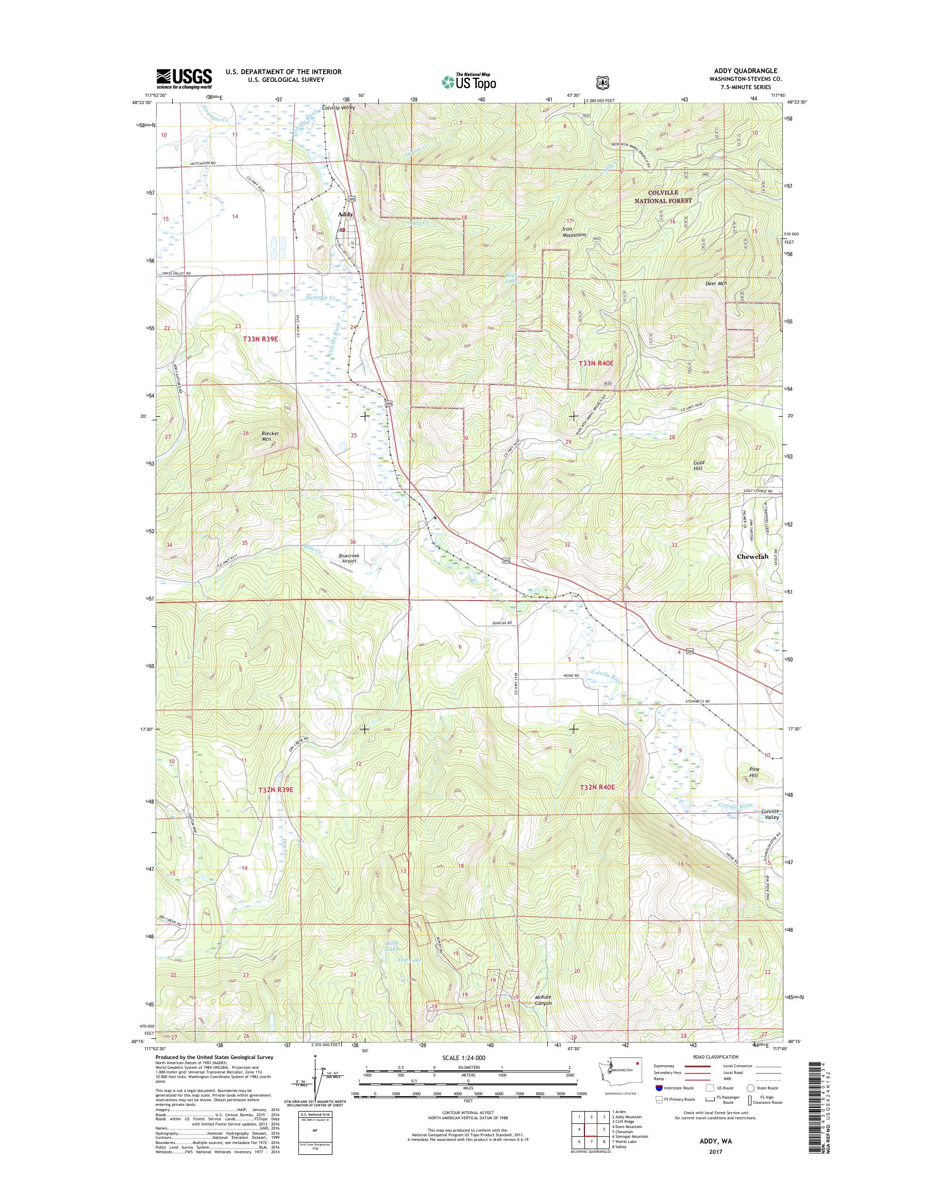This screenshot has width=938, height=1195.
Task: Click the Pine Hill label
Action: (x=754, y=772)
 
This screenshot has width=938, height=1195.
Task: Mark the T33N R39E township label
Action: (x=260, y=339)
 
